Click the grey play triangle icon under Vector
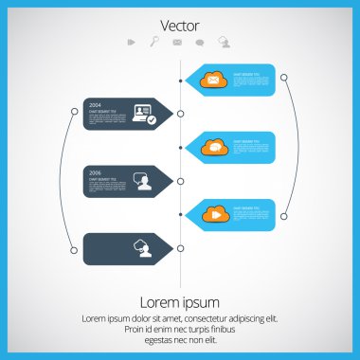click(x=131, y=42)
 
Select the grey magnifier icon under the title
click(x=154, y=42)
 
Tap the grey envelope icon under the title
click(x=177, y=42)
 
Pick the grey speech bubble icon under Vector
click(x=200, y=42)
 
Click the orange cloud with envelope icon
click(x=213, y=80)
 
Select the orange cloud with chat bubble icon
click(x=213, y=147)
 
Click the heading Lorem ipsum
click(x=180, y=302)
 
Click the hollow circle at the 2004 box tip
click(x=181, y=114)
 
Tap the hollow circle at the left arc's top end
click(x=74, y=112)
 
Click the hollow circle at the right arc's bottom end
click(x=283, y=216)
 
